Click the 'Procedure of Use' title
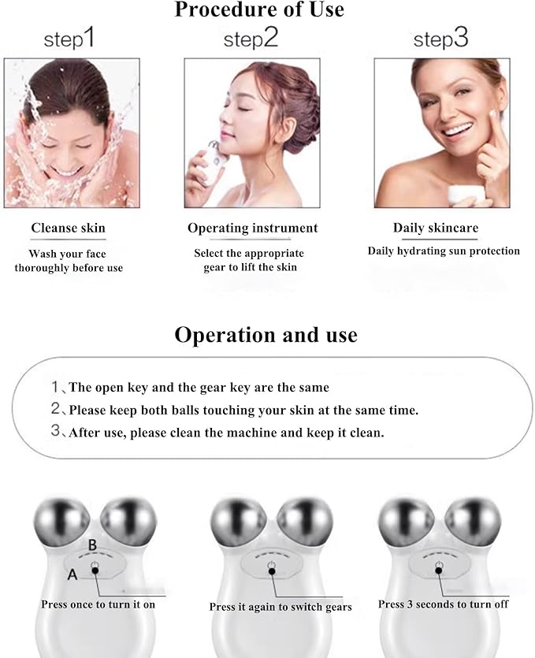coord(258,10)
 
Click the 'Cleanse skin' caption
coord(68,229)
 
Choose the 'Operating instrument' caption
coord(252,229)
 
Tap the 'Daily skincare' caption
coord(435,229)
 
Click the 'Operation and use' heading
coord(266,335)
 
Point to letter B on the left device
coord(92,545)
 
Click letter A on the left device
coord(72,574)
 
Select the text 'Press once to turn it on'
coord(98,604)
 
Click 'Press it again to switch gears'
coord(280,607)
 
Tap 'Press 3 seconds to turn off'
coord(443,604)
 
